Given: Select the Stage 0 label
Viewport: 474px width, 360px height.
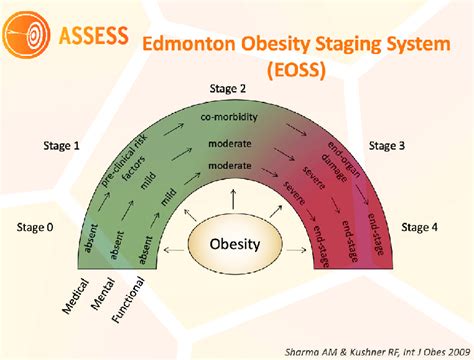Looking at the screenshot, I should click(x=36, y=227).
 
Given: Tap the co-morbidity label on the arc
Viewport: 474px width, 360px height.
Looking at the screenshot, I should click(x=235, y=118).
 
